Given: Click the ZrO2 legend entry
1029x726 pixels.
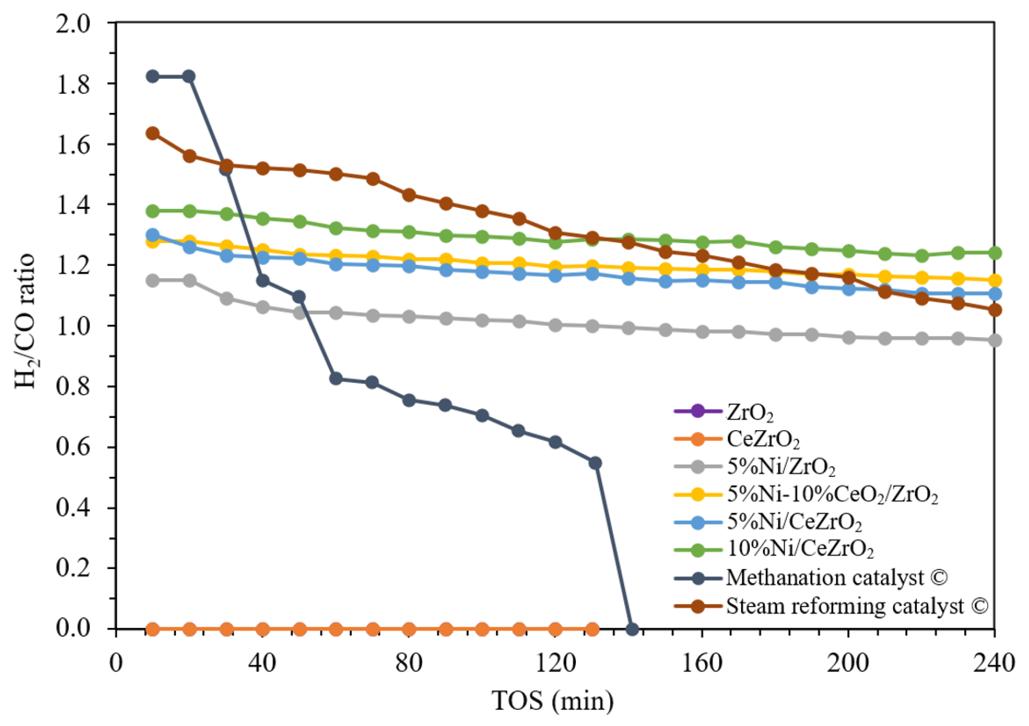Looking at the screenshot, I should [750, 412].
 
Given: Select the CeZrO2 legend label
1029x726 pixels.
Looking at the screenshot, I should [763, 440].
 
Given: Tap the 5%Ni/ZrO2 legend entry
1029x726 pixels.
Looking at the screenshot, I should [781, 467].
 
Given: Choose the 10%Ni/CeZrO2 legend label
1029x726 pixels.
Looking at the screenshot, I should [800, 549].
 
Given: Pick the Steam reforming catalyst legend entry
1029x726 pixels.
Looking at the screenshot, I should [856, 606].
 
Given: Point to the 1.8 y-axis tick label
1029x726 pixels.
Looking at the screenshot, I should [73, 84].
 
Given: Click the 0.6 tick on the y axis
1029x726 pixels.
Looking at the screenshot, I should [73, 447].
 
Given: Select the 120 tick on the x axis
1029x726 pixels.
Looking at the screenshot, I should [555, 663].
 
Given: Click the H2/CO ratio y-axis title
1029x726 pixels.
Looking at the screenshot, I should [26, 321].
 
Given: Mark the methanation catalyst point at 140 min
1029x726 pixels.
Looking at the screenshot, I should [631, 629].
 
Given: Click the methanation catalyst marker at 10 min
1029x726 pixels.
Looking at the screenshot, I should [153, 76].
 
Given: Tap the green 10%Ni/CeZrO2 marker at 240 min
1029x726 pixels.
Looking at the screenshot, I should [994, 253].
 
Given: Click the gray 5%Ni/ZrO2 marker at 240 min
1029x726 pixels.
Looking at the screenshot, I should [994, 341].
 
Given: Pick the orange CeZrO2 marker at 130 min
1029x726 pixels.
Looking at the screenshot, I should [593, 629].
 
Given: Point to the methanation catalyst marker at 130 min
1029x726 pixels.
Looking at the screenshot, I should [595, 463].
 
